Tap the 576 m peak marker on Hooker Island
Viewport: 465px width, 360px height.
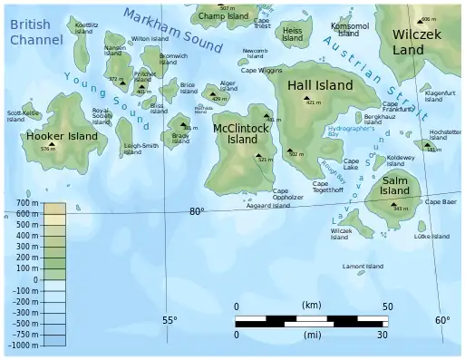[x=52, y=144]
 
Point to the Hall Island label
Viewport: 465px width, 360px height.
[x=319, y=84]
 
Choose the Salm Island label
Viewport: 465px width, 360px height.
[x=396, y=186]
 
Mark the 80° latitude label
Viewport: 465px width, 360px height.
[x=197, y=211]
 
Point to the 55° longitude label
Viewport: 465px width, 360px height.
[x=170, y=320]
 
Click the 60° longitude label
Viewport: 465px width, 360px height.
[x=441, y=320]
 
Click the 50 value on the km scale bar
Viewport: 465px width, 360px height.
[x=387, y=306]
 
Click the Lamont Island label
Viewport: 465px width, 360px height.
[x=363, y=267]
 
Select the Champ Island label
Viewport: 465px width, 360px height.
[x=222, y=16]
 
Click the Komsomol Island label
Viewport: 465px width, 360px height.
[x=350, y=30]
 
